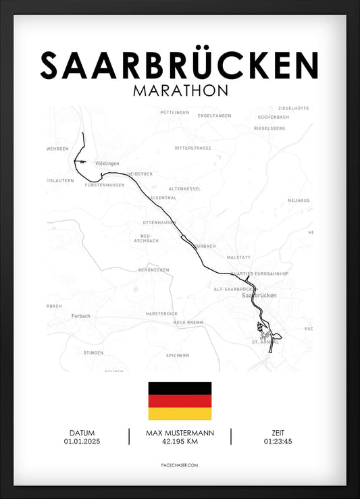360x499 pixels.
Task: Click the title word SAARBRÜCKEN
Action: click(x=180, y=65)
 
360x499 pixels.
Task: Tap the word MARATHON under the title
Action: click(x=180, y=90)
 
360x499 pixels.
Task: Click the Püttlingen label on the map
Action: click(x=175, y=112)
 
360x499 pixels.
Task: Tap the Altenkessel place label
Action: click(x=184, y=188)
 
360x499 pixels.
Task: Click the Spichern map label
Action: click(x=178, y=355)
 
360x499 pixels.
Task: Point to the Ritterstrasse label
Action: click(x=192, y=147)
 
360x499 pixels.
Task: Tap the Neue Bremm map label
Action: click(x=188, y=323)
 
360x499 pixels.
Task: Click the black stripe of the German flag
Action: click(x=180, y=388)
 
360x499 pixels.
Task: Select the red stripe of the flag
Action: click(x=180, y=401)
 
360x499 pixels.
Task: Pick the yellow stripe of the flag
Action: click(x=180, y=413)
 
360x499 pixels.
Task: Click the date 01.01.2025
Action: click(x=81, y=442)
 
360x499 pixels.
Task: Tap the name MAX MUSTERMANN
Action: click(x=179, y=433)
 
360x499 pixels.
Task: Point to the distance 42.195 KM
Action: click(x=179, y=442)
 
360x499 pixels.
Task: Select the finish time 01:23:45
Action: click(x=278, y=442)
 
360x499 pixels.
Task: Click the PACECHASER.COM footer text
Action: click(x=180, y=466)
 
